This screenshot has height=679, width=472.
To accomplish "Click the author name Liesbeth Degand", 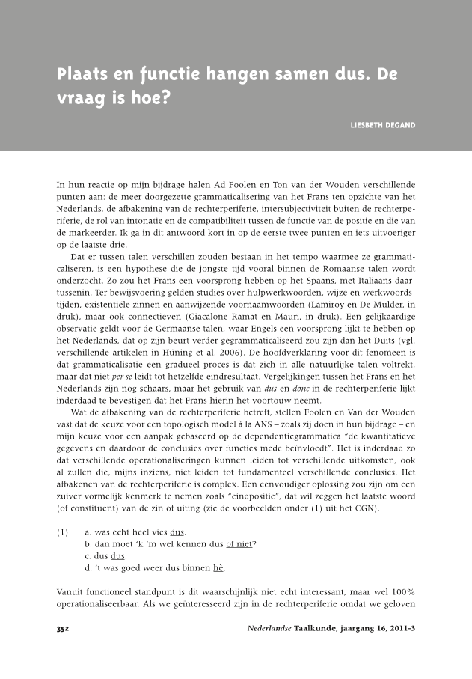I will pyautogui.click(x=383, y=124).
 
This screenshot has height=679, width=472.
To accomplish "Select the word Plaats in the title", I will pyautogui.click(x=82, y=76).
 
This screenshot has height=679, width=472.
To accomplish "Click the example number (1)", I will pyautogui.click(x=64, y=532).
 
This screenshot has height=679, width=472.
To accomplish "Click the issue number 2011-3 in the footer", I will pyautogui.click(x=398, y=628).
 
